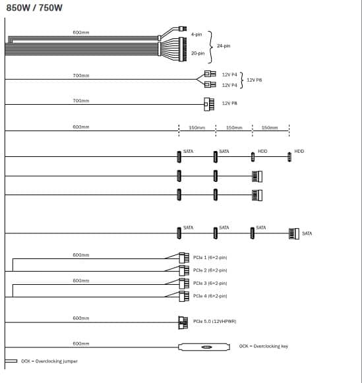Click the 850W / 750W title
click(34, 8)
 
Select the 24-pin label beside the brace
click(224, 45)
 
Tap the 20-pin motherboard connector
click(183, 49)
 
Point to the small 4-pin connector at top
click(183, 28)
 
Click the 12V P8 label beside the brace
click(255, 80)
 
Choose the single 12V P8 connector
click(209, 104)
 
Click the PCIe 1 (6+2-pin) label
click(210, 258)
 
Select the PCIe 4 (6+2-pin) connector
click(184, 296)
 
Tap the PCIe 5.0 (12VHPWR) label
click(215, 322)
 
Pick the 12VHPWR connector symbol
click(183, 322)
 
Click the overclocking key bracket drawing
click(204, 347)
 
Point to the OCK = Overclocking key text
click(264, 346)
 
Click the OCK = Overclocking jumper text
click(49, 361)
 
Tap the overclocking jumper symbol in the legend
click(11, 361)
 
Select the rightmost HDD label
click(299, 151)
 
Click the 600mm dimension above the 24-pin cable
click(81, 32)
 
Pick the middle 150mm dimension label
click(234, 127)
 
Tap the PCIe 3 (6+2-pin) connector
click(184, 283)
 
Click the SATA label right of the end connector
click(307, 233)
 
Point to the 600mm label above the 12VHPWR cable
click(81, 318)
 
